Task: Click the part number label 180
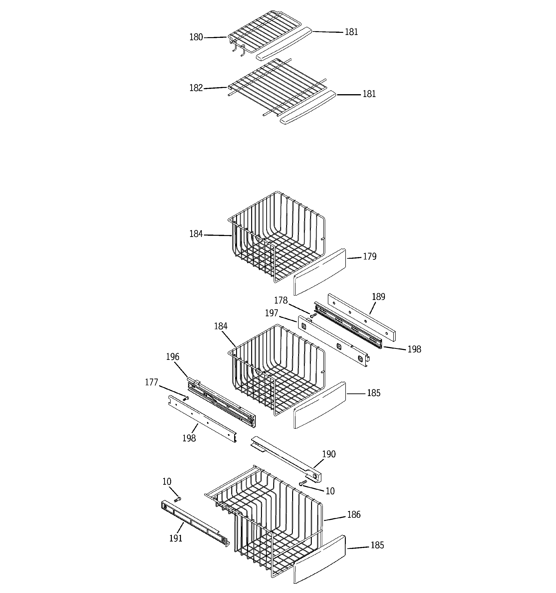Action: pyautogui.click(x=196, y=37)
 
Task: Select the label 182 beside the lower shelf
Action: pyautogui.click(x=196, y=88)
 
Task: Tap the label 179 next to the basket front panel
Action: pyautogui.click(x=370, y=257)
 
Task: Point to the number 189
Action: pyautogui.click(x=378, y=297)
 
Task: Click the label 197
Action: pyautogui.click(x=272, y=313)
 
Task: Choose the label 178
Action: pyautogui.click(x=281, y=300)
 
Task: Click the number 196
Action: pyautogui.click(x=173, y=357)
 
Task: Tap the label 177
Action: pyautogui.click(x=151, y=382)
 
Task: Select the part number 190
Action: pyautogui.click(x=329, y=454)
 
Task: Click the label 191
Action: pyautogui.click(x=175, y=538)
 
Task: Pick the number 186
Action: pyautogui.click(x=354, y=515)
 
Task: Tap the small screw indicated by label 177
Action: pyautogui.click(x=186, y=398)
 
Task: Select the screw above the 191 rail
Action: pyautogui.click(x=178, y=499)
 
